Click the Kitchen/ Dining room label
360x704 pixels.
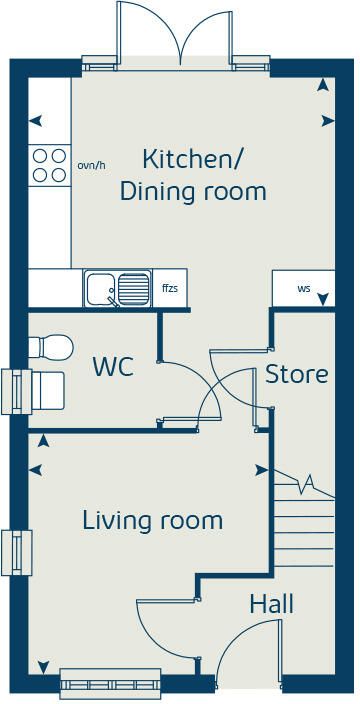pos(193,176)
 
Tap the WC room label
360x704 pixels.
pos(113,367)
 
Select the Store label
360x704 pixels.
pos(296,374)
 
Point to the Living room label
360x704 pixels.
pos(153,521)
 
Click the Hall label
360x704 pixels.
pos(272,604)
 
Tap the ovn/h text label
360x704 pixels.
pos(91,165)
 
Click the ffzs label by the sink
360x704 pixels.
pos(170,288)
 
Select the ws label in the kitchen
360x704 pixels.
pos(304,288)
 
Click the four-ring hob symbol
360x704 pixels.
pos(49,165)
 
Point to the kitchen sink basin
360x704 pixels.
pos(101,289)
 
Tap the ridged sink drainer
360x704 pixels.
pos(134,288)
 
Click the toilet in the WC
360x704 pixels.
pos(51,347)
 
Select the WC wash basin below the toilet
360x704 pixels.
pos(47,391)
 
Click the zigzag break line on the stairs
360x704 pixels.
pos(305,484)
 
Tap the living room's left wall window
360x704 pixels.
pos(17,553)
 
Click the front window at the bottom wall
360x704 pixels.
pos(110,684)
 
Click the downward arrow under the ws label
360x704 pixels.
pos(323,299)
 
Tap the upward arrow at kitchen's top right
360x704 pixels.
pos(322,85)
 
